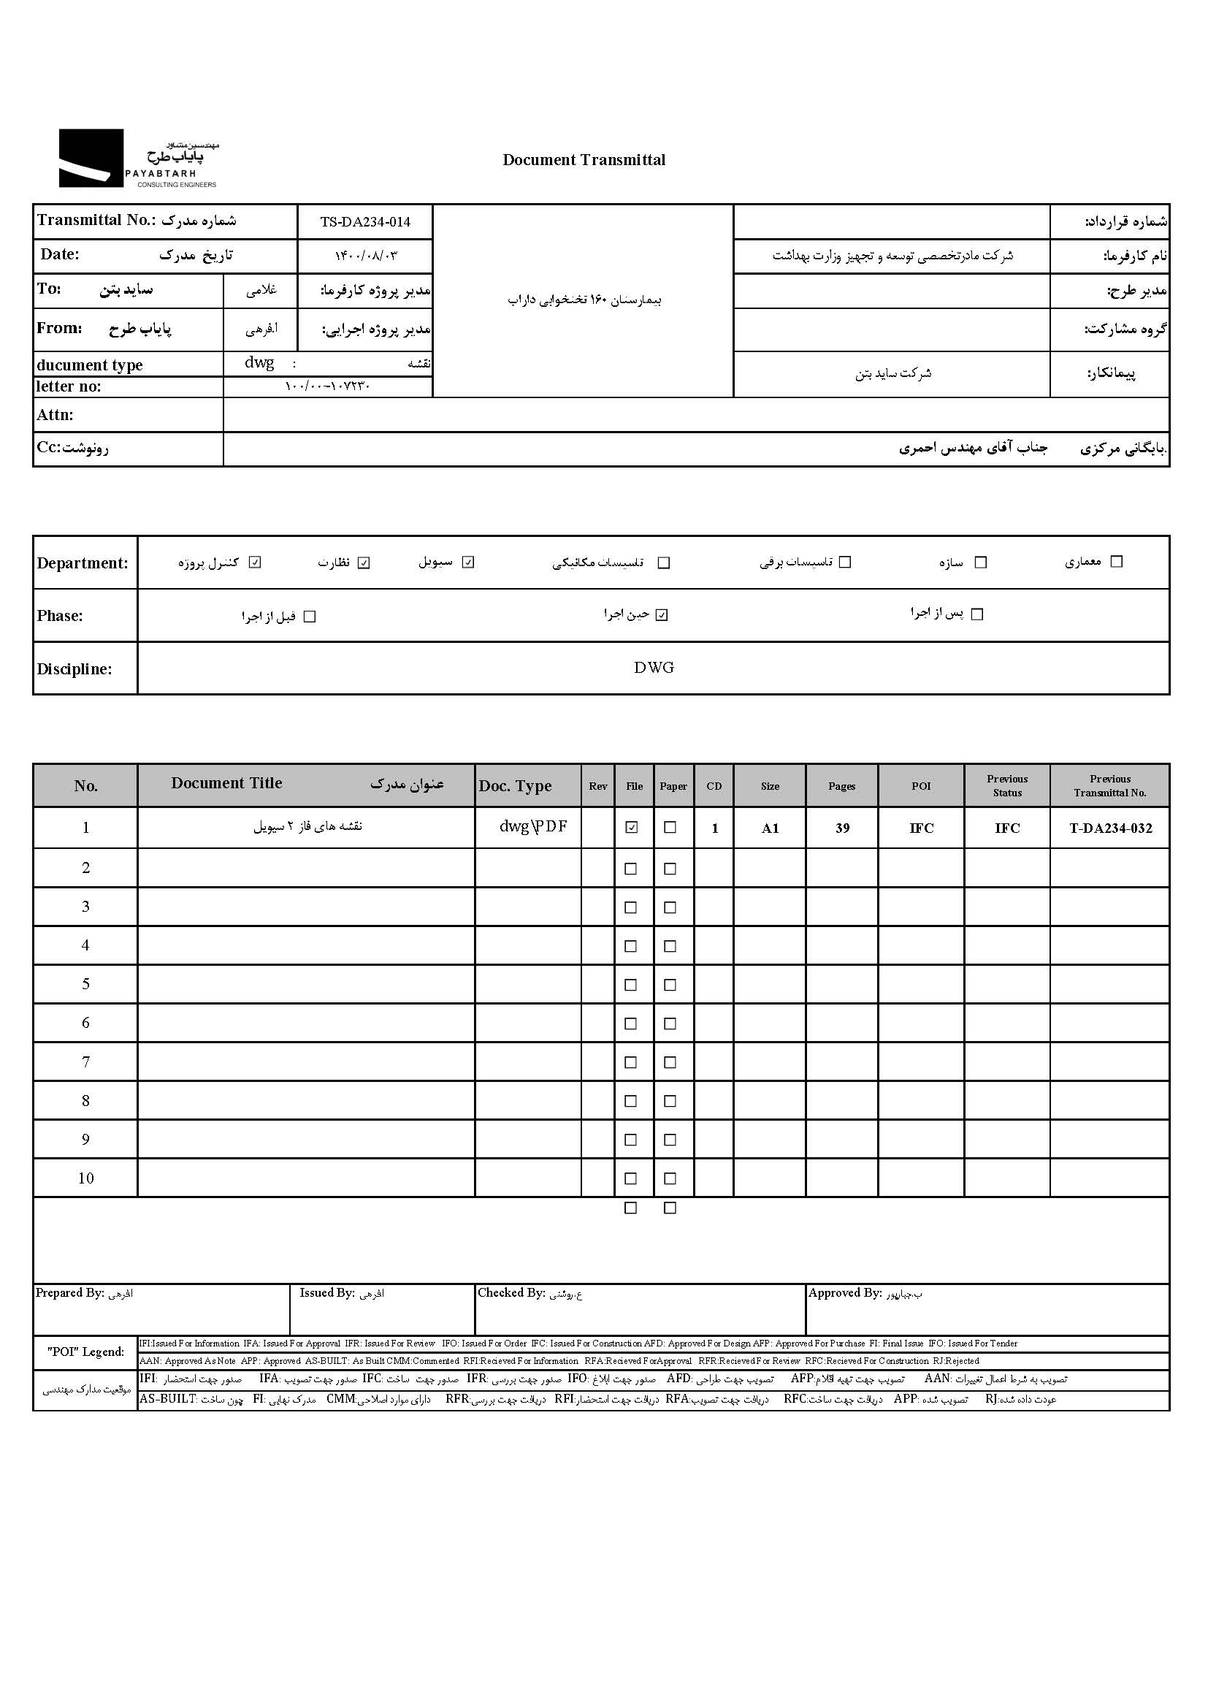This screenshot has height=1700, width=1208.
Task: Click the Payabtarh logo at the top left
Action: pos(138,159)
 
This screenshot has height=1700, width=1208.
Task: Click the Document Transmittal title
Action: pos(584,160)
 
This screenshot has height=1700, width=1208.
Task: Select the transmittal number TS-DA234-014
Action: pos(365,221)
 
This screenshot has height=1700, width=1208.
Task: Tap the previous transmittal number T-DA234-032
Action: pos(1110,828)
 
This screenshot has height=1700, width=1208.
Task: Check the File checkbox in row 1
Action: pos(632,827)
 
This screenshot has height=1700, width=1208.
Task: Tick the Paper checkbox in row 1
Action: pos(670,827)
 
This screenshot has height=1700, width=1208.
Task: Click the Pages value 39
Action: pos(842,828)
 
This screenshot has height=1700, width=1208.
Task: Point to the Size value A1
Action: pos(770,828)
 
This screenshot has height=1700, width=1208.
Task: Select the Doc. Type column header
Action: pos(515,785)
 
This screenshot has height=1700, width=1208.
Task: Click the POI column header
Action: pos(921,785)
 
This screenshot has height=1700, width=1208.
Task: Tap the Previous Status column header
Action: pos(1007,785)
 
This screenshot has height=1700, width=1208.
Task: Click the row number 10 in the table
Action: pos(85,1178)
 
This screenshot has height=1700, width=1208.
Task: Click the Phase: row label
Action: pos(60,616)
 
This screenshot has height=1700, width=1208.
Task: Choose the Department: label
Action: pos(83,563)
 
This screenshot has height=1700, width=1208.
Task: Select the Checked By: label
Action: pos(512,1293)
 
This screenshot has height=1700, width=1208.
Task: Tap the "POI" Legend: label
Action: pos(85,1352)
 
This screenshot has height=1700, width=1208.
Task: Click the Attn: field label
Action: pos(55,415)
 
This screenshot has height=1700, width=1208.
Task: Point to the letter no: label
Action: pos(69,386)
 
